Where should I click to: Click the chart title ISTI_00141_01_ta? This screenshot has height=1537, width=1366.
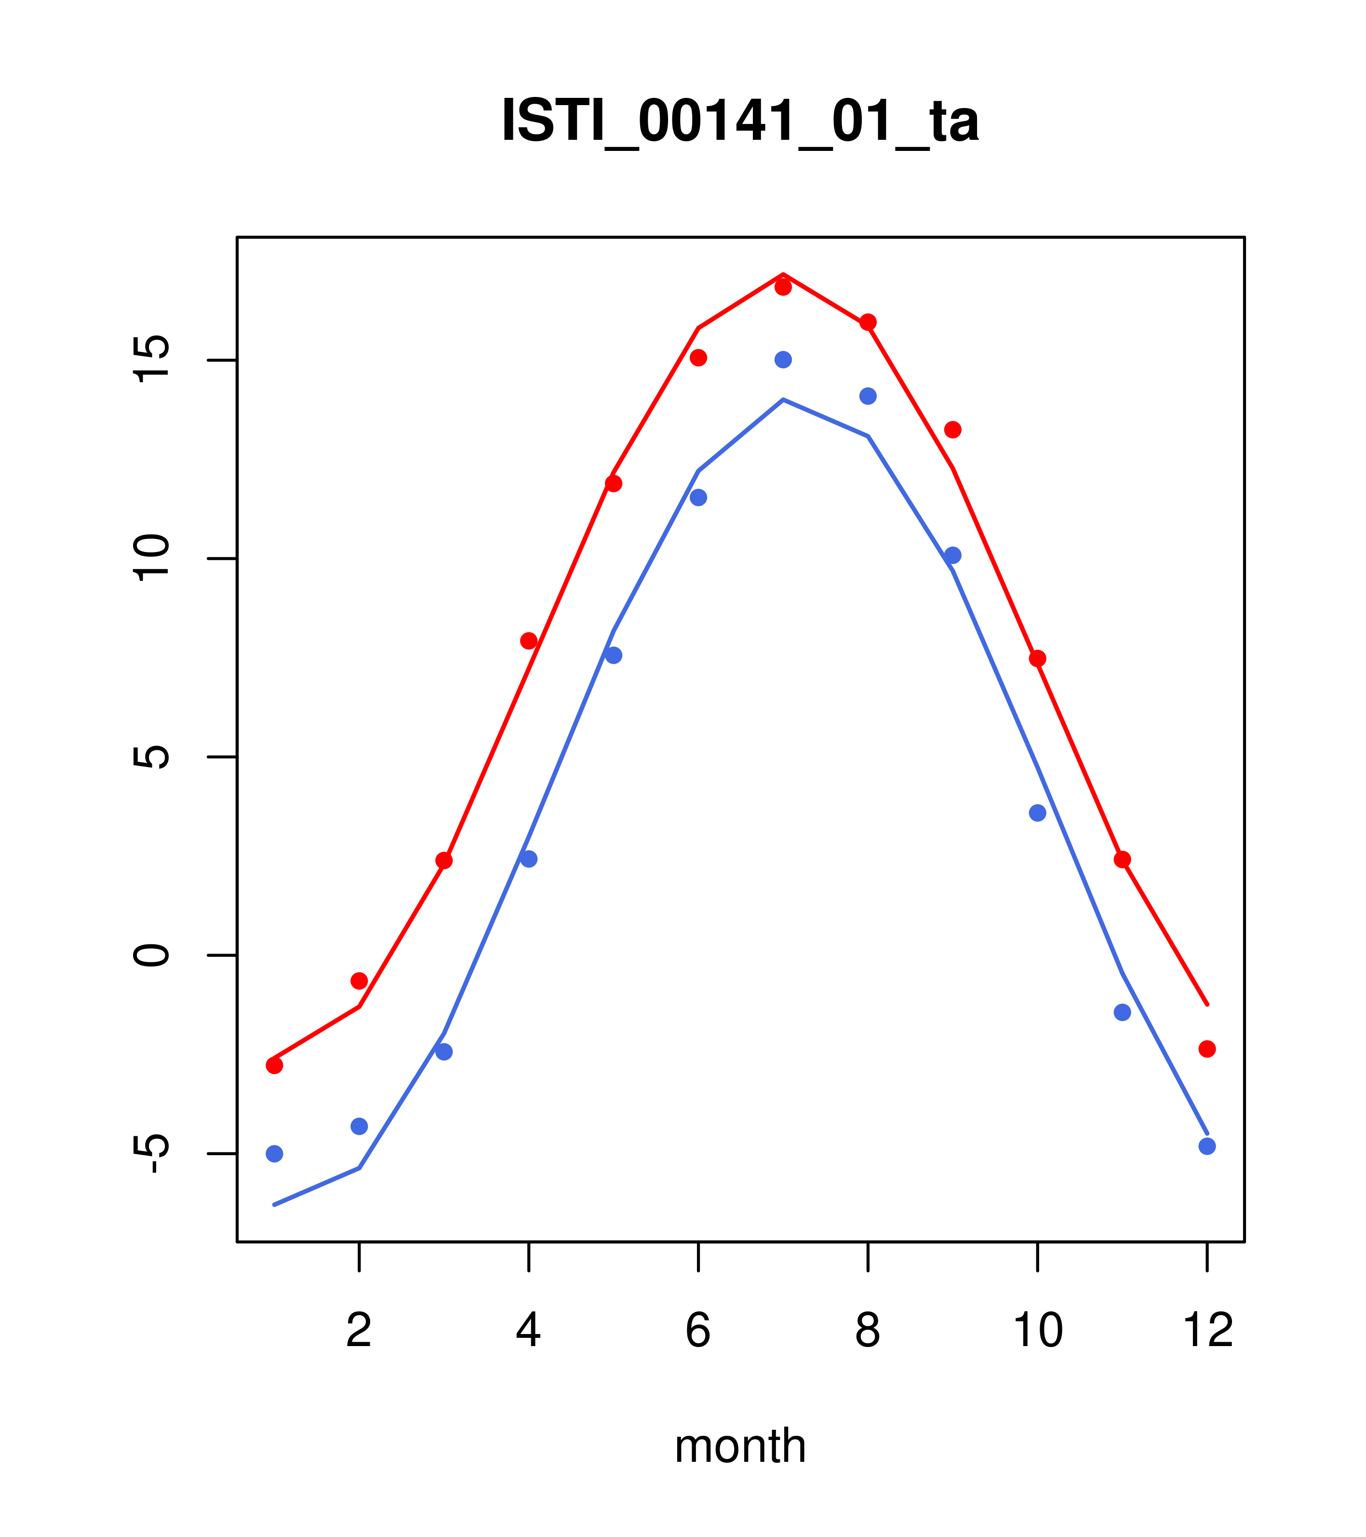pyautogui.click(x=740, y=121)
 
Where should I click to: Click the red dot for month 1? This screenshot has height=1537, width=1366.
pyautogui.click(x=274, y=1065)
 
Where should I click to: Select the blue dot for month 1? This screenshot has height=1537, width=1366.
pyautogui.click(x=274, y=1154)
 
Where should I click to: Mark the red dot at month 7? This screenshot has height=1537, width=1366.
pyautogui.click(x=783, y=287)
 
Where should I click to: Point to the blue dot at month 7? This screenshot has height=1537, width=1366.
pyautogui.click(x=783, y=360)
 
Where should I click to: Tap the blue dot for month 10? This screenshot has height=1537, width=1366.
pyautogui.click(x=1037, y=813)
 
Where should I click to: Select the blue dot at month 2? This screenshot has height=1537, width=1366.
pyautogui.click(x=360, y=1126)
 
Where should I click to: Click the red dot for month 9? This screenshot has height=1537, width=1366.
pyautogui.click(x=952, y=430)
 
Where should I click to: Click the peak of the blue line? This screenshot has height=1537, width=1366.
pyautogui.click(x=783, y=399)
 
